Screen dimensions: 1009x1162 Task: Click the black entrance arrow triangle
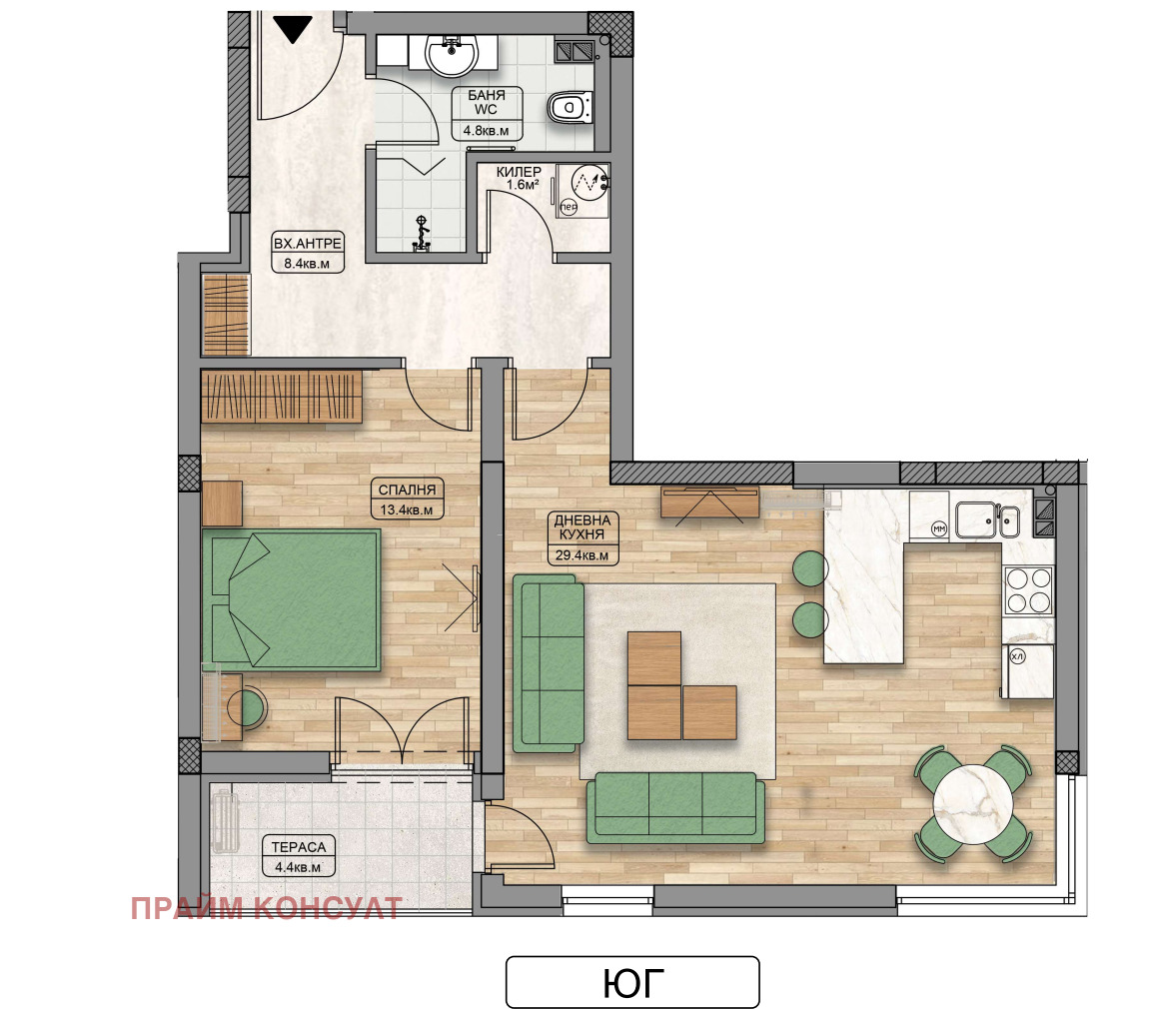pyautogui.click(x=294, y=29)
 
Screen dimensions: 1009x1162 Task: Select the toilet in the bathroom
pyautogui.click(x=572, y=106)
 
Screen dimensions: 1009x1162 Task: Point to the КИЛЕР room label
pyautogui.click(x=519, y=172)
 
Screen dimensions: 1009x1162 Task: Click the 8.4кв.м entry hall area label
pyautogui.click(x=308, y=264)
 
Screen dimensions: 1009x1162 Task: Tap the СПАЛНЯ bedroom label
pyautogui.click(x=407, y=490)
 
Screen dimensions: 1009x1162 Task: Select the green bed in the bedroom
pyautogui.click(x=292, y=599)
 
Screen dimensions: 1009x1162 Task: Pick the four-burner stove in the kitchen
pyautogui.click(x=1027, y=588)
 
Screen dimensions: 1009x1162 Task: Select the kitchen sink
pyautogui.click(x=986, y=519)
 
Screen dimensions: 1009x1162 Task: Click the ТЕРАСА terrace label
pyautogui.click(x=298, y=847)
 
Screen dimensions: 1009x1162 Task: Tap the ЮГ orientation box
pyautogui.click(x=632, y=982)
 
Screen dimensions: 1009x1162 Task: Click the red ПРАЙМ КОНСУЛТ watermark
pyautogui.click(x=266, y=908)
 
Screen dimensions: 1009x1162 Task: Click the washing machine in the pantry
pyautogui.click(x=584, y=188)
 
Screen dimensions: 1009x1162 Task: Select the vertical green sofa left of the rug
pyautogui.click(x=549, y=663)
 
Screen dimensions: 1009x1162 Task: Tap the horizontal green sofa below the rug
pyautogui.click(x=675, y=806)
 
